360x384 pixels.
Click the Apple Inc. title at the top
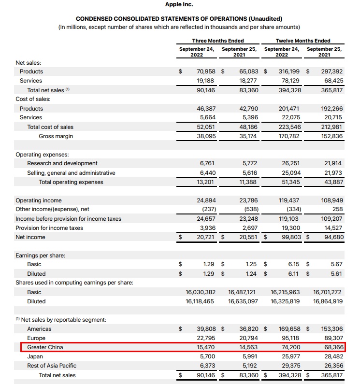(179, 4)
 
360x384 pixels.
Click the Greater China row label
(45, 347)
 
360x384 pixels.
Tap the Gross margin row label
(56, 136)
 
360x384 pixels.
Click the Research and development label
(62, 163)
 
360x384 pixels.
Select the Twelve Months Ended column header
(303, 41)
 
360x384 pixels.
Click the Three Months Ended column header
(218, 41)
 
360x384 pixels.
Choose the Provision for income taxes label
(49, 228)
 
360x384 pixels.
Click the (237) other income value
(207, 210)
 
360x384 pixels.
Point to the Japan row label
(35, 356)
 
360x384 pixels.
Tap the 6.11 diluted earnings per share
(294, 274)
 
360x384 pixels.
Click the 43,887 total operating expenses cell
(331, 182)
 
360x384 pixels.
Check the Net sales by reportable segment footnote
(61, 320)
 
